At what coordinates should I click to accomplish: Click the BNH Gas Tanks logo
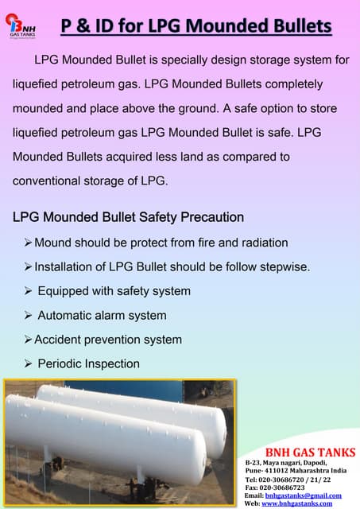(x=21, y=25)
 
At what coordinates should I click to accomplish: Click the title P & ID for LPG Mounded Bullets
(x=195, y=27)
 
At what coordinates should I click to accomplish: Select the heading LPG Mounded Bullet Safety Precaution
(x=128, y=216)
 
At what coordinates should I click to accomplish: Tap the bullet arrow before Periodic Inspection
(x=29, y=363)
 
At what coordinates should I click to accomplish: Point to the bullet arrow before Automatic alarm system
(x=29, y=315)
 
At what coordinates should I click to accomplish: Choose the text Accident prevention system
(x=108, y=340)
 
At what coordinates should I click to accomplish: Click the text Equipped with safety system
(x=114, y=290)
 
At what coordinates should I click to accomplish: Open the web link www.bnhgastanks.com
(x=296, y=503)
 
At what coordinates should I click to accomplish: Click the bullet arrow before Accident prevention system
(x=29, y=340)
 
